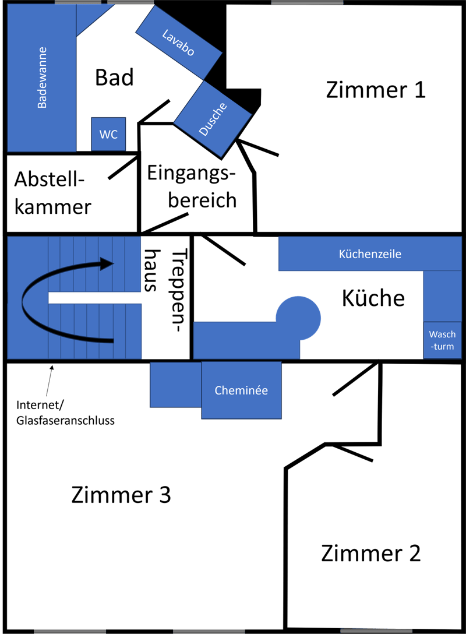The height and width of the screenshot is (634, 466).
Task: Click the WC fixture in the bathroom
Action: coord(108,134)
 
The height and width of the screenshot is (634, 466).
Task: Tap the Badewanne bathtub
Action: coord(41,79)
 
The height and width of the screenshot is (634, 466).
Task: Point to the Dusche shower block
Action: coord(213,119)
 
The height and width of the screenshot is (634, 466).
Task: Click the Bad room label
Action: coord(114,78)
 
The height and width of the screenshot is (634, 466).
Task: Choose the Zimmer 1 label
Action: coord(376,90)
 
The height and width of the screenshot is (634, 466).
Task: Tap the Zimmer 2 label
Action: coord(370,553)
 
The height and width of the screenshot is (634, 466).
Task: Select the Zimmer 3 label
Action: coord(121,495)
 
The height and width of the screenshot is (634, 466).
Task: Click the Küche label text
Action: coord(373,298)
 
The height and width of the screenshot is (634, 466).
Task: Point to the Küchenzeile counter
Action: coord(370,254)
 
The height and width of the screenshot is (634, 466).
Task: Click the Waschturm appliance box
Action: coord(442,340)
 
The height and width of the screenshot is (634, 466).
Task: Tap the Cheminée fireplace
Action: coord(241,390)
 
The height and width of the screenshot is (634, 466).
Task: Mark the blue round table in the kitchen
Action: coord(298,318)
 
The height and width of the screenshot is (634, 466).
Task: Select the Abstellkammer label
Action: coord(53,193)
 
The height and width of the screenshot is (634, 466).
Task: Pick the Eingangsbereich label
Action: coord(192,186)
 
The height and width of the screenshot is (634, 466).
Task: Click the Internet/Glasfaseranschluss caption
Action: coord(65,413)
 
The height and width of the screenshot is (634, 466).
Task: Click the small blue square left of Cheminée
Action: coord(175,385)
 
